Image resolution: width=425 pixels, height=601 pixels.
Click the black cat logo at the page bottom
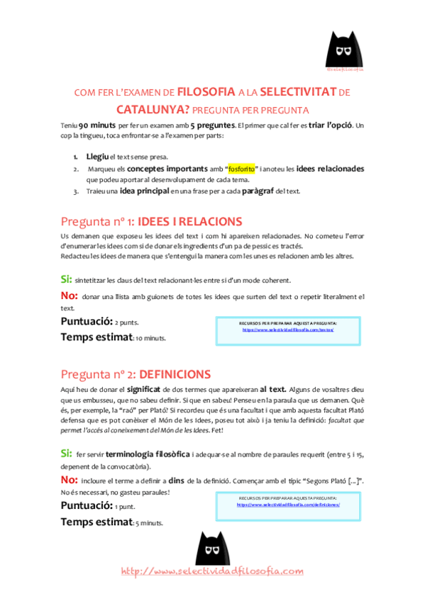213,545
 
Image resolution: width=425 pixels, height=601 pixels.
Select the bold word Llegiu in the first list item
97,156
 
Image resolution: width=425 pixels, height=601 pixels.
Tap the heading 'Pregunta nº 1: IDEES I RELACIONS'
151,221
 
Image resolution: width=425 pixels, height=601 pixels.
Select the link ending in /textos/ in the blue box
288,330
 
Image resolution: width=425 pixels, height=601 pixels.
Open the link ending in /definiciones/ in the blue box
288,505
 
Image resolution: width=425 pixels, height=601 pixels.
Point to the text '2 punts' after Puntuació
127,322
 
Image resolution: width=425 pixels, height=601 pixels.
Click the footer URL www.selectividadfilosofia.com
213,571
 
